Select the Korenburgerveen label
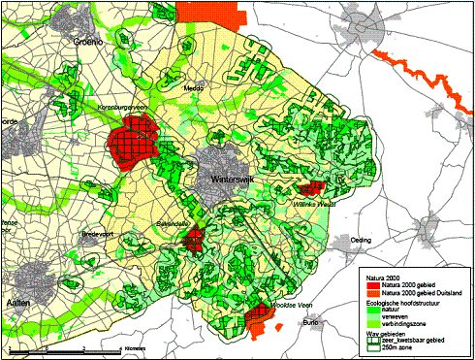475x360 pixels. point(125,108)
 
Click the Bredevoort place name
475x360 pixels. point(99,234)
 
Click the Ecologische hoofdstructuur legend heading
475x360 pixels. point(406,302)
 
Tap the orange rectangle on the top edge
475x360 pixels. point(206,11)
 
